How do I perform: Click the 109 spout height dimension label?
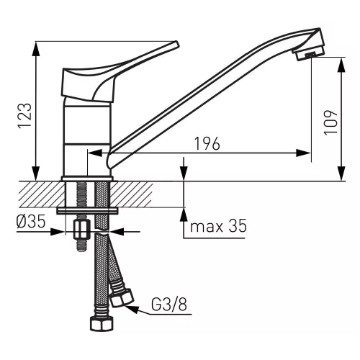[x=331, y=123]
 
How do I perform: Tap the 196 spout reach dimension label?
[x=207, y=143]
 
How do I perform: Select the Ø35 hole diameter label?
[x=31, y=221]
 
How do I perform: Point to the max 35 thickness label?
[x=218, y=226]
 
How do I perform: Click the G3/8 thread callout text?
[x=169, y=305]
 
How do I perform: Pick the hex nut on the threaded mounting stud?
[x=82, y=230]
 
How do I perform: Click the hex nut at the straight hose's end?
[x=102, y=324]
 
